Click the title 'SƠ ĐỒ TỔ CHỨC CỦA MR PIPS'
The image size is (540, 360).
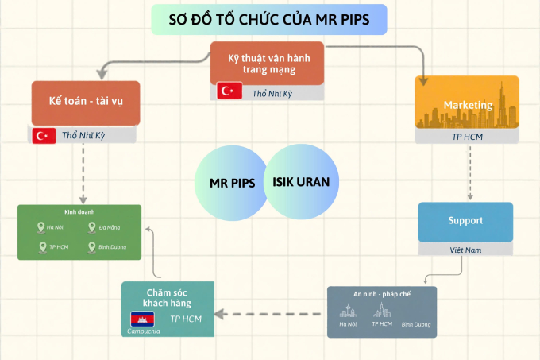click(x=269, y=19)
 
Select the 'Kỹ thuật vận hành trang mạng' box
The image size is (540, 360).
click(x=268, y=63)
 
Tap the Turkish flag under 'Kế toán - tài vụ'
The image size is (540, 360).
click(x=44, y=135)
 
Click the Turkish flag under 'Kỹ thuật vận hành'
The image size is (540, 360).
click(x=230, y=91)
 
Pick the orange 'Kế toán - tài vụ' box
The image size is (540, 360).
click(x=86, y=102)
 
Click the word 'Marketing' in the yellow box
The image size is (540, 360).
click(x=467, y=105)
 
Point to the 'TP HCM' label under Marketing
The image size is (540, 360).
click(x=467, y=136)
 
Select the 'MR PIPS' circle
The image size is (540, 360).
click(x=232, y=182)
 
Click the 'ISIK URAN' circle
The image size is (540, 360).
click(x=301, y=181)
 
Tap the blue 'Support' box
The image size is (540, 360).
click(x=465, y=220)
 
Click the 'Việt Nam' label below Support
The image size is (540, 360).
click(x=465, y=250)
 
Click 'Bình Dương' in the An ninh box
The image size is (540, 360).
click(x=415, y=324)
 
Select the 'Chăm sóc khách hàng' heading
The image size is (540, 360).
click(x=167, y=296)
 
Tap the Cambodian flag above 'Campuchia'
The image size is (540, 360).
click(x=143, y=319)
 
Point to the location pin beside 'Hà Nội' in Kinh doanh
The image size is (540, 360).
click(x=41, y=227)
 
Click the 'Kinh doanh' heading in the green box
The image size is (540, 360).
click(x=79, y=212)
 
